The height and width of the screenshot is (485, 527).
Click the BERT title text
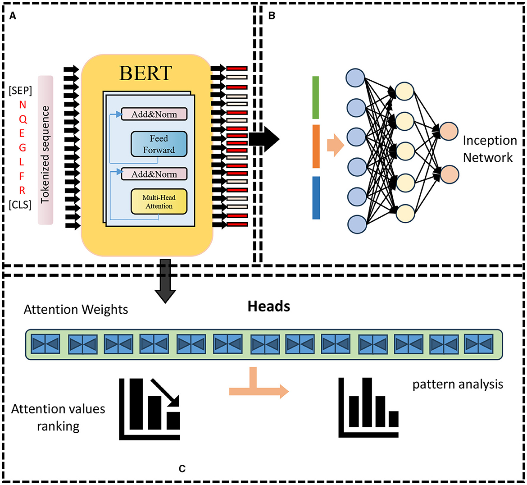[x=145, y=73]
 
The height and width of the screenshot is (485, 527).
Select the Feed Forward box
[x=159, y=144]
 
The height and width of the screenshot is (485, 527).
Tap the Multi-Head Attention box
[x=159, y=201]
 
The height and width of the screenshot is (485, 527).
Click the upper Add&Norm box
[x=154, y=114]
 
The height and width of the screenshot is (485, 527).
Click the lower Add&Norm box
[x=154, y=174]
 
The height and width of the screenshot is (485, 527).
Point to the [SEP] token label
[x=20, y=91]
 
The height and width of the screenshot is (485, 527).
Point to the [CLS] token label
[x=20, y=205]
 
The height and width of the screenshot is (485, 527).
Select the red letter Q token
[x=23, y=119]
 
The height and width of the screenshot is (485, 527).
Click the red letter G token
[x=23, y=148]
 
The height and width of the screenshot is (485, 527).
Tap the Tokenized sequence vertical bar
[x=45, y=150]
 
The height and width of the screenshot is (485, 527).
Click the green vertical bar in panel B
[x=316, y=97]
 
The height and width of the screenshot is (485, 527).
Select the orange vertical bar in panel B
[x=316, y=146]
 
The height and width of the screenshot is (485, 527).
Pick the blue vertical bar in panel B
[x=316, y=197]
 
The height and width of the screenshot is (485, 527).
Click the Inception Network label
[x=489, y=149]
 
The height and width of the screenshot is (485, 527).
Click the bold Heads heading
[x=268, y=307]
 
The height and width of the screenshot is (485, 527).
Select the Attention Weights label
[x=76, y=310]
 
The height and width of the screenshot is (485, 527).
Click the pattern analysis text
[x=458, y=384]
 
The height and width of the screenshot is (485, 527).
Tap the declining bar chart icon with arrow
[x=150, y=409]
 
